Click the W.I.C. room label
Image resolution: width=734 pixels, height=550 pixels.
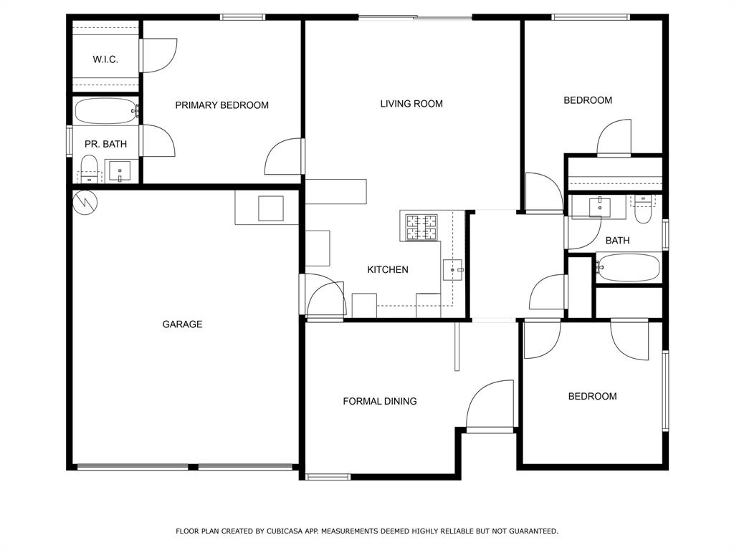(x=105, y=59)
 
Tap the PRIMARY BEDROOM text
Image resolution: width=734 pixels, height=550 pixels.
(x=222, y=105)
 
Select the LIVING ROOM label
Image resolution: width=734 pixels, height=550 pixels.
(x=411, y=104)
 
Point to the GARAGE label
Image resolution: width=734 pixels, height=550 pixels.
(x=182, y=324)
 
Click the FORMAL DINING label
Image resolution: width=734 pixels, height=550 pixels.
(x=380, y=401)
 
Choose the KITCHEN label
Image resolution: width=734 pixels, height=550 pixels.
(x=388, y=270)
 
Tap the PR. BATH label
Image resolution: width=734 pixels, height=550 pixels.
(x=106, y=144)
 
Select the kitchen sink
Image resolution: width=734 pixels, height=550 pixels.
(x=453, y=270)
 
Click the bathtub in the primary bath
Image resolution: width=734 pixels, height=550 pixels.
(x=106, y=111)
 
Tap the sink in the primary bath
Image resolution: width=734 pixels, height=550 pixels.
(x=120, y=171)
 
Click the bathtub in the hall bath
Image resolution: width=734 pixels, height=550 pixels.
(x=628, y=268)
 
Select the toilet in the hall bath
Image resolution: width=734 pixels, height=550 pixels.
(x=643, y=209)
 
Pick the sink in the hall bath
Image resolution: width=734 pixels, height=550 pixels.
(x=600, y=207)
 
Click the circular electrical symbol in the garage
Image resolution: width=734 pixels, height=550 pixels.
(x=86, y=203)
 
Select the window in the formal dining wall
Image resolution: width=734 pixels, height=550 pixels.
(x=328, y=477)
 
